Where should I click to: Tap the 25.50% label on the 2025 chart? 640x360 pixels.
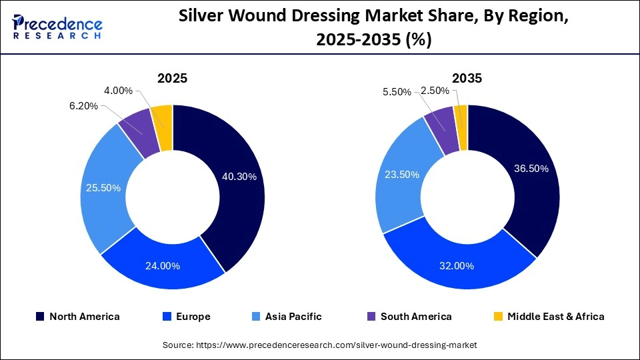tap(103, 188)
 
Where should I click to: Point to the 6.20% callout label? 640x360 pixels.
tap(84, 106)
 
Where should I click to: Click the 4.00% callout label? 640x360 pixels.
tap(119, 91)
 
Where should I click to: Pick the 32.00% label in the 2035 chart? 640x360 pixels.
tap(456, 265)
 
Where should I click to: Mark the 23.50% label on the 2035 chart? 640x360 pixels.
tap(401, 175)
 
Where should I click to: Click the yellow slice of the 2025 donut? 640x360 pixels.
tap(162, 117)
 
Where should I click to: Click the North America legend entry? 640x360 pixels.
tap(77, 317)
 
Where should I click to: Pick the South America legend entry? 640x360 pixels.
tap(409, 317)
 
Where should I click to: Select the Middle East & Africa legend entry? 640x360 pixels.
tap(548, 317)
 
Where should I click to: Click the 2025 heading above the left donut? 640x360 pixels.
tap(172, 78)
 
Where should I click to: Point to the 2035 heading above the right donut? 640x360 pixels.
tap(467, 78)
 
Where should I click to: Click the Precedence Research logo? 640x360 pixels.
tap(57, 27)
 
